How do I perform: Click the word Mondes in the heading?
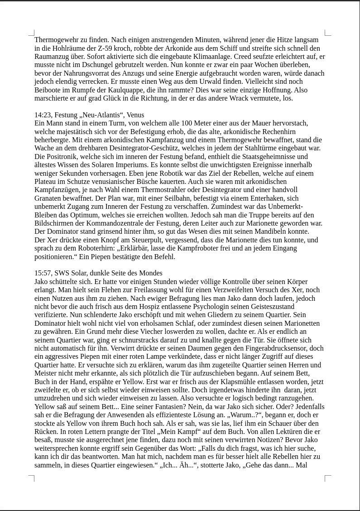click(x=151, y=273)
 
